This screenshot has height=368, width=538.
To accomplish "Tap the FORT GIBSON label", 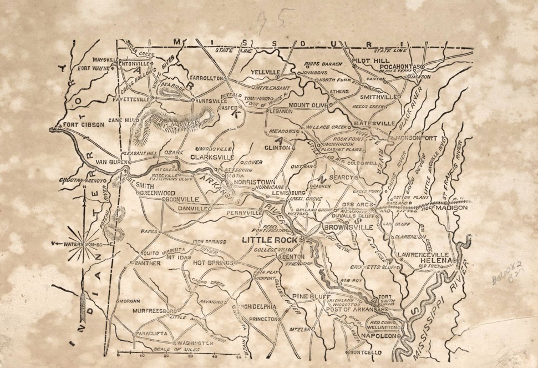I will click(x=84, y=125).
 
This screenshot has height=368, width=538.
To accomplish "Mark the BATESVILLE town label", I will click(x=375, y=123).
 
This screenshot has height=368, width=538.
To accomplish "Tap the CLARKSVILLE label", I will click(x=210, y=157).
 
